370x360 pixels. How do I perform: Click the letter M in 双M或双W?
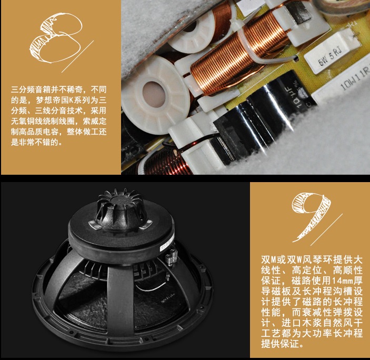[274, 260]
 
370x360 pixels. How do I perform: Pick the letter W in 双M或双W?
[299, 260]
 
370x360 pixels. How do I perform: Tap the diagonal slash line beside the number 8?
[77, 56]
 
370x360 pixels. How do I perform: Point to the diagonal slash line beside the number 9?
[327, 229]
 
